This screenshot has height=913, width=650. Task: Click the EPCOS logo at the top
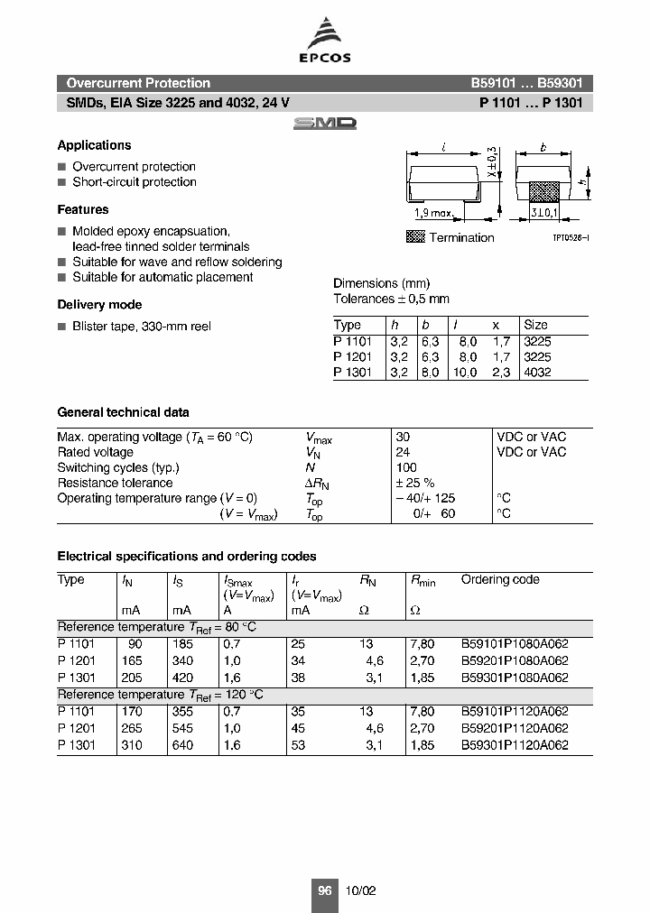tap(325, 41)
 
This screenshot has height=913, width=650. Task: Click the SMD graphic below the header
tap(324, 124)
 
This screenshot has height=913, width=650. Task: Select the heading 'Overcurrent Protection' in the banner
tap(138, 83)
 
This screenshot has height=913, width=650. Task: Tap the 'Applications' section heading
tap(94, 145)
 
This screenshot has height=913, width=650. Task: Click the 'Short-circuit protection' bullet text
tap(134, 182)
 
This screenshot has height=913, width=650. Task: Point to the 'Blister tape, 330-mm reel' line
tap(141, 326)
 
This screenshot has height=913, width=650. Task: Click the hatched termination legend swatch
tap(415, 237)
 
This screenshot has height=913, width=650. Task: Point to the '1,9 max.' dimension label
tap(432, 214)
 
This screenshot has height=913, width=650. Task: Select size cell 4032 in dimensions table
tap(537, 372)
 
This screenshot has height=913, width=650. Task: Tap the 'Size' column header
tap(535, 325)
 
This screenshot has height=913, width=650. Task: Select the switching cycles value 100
tap(406, 467)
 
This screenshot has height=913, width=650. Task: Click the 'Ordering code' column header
tap(499, 580)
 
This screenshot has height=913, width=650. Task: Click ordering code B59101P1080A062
tap(515, 644)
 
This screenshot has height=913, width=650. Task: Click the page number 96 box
tap(325, 890)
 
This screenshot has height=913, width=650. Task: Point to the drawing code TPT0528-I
tap(571, 236)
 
